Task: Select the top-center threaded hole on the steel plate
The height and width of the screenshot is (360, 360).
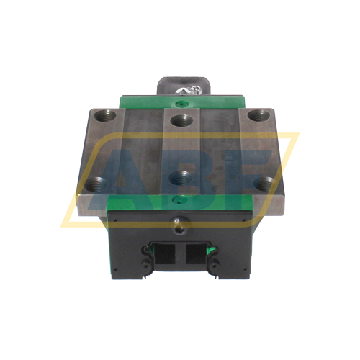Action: pyautogui.click(x=179, y=119)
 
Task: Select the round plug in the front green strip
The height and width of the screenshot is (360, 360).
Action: pyautogui.click(x=179, y=200)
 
